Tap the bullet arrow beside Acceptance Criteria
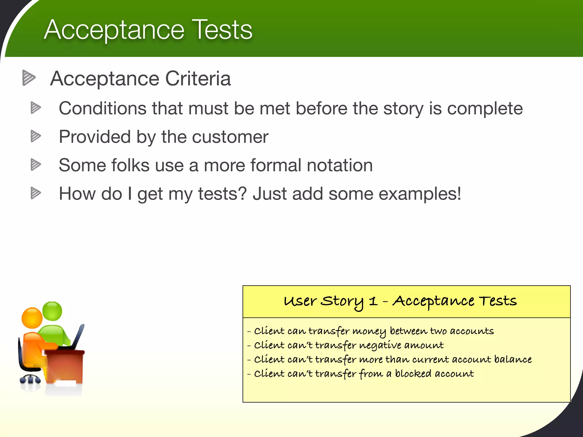[x=29, y=78]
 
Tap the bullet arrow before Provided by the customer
[x=36, y=136]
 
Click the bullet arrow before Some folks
[x=36, y=165]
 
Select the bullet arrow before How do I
[x=36, y=193]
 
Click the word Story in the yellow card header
[x=342, y=302]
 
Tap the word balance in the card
[x=513, y=359]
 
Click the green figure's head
[x=52, y=311]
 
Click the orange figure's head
[x=32, y=318]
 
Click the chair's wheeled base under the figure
[x=30, y=380]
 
